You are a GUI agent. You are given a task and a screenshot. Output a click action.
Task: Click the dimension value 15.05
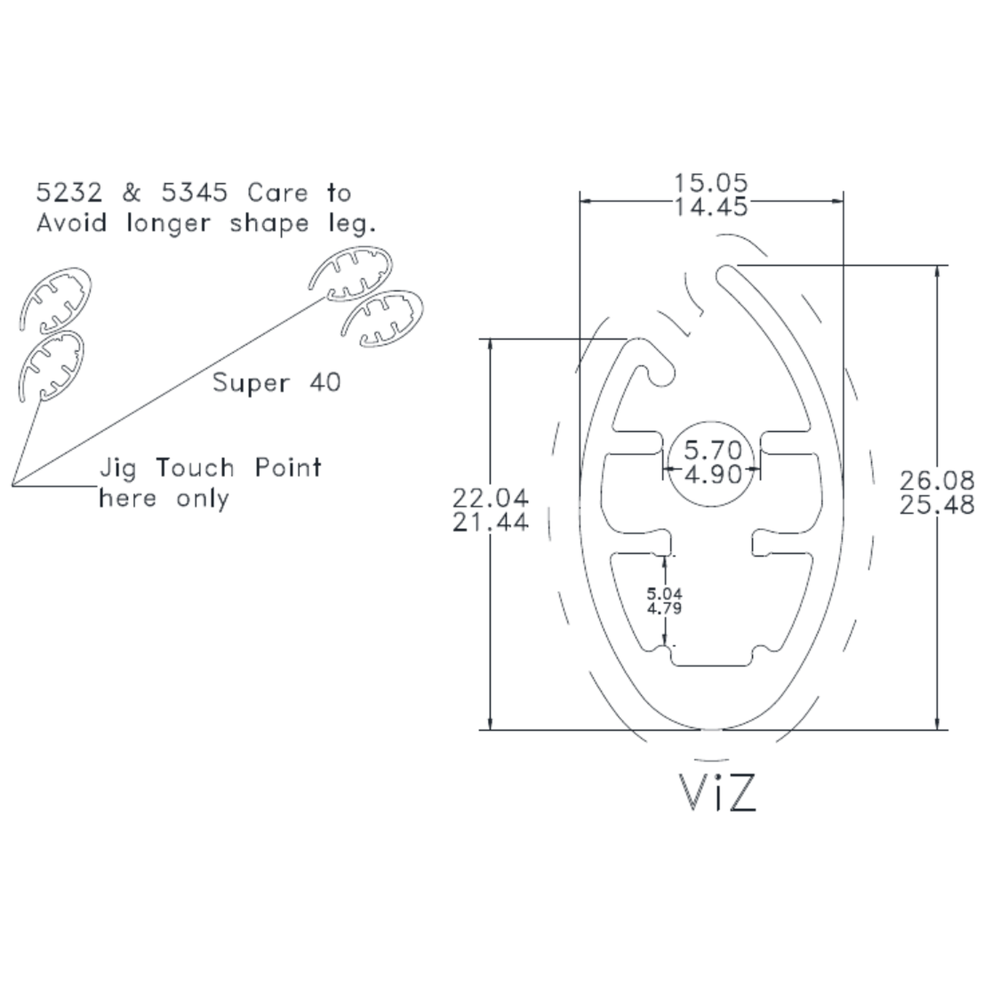click(x=711, y=182)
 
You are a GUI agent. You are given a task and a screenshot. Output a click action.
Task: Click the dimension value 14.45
click(x=711, y=207)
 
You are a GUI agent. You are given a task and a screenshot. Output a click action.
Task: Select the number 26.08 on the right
click(x=937, y=480)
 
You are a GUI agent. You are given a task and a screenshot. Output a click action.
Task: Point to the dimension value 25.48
click(x=937, y=505)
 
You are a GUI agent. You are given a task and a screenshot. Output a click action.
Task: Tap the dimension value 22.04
click(x=490, y=498)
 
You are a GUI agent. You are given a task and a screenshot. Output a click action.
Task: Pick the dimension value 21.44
click(x=490, y=522)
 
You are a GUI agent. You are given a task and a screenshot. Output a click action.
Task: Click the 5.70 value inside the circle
click(x=713, y=450)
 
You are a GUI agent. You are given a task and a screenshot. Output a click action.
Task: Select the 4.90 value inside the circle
click(x=713, y=474)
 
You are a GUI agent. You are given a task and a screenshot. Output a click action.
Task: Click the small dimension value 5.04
click(x=665, y=594)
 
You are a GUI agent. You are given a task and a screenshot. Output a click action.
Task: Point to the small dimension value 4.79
click(x=665, y=608)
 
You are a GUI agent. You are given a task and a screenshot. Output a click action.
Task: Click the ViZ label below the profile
click(x=717, y=792)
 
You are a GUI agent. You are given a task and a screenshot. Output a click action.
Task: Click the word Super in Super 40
click(x=251, y=383)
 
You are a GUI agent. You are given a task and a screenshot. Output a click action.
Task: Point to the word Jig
click(x=118, y=469)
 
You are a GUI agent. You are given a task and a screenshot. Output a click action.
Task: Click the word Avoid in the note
click(x=72, y=223)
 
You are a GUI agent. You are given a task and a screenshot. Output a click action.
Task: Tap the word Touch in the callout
click(x=195, y=468)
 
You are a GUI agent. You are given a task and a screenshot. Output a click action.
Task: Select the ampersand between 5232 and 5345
click(x=132, y=193)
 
